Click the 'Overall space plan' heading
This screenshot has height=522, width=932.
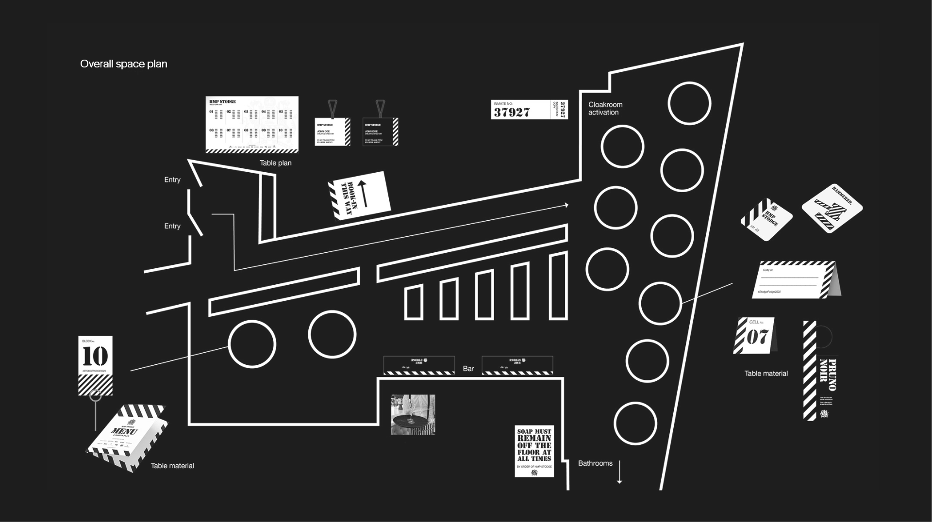point(123,64)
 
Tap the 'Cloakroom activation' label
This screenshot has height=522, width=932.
point(605,108)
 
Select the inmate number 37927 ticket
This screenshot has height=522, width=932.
point(529,110)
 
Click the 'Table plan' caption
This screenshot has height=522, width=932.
point(275,163)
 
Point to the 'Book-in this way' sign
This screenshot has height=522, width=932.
point(359,196)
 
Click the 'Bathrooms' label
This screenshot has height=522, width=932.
point(595,463)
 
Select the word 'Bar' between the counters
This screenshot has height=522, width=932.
point(468,369)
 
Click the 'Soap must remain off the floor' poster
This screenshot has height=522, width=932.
point(534,451)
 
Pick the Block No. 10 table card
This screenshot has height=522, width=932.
point(95,365)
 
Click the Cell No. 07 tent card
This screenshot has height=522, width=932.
point(756,336)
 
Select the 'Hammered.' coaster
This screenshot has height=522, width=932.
point(832,208)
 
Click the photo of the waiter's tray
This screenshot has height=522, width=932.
point(413,414)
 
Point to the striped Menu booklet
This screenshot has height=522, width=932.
point(127,436)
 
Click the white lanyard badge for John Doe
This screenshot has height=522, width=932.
point(332,131)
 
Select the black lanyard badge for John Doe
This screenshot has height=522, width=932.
point(380,131)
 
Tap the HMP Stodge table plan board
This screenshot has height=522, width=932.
point(251,125)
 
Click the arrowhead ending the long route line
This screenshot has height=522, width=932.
point(566,205)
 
